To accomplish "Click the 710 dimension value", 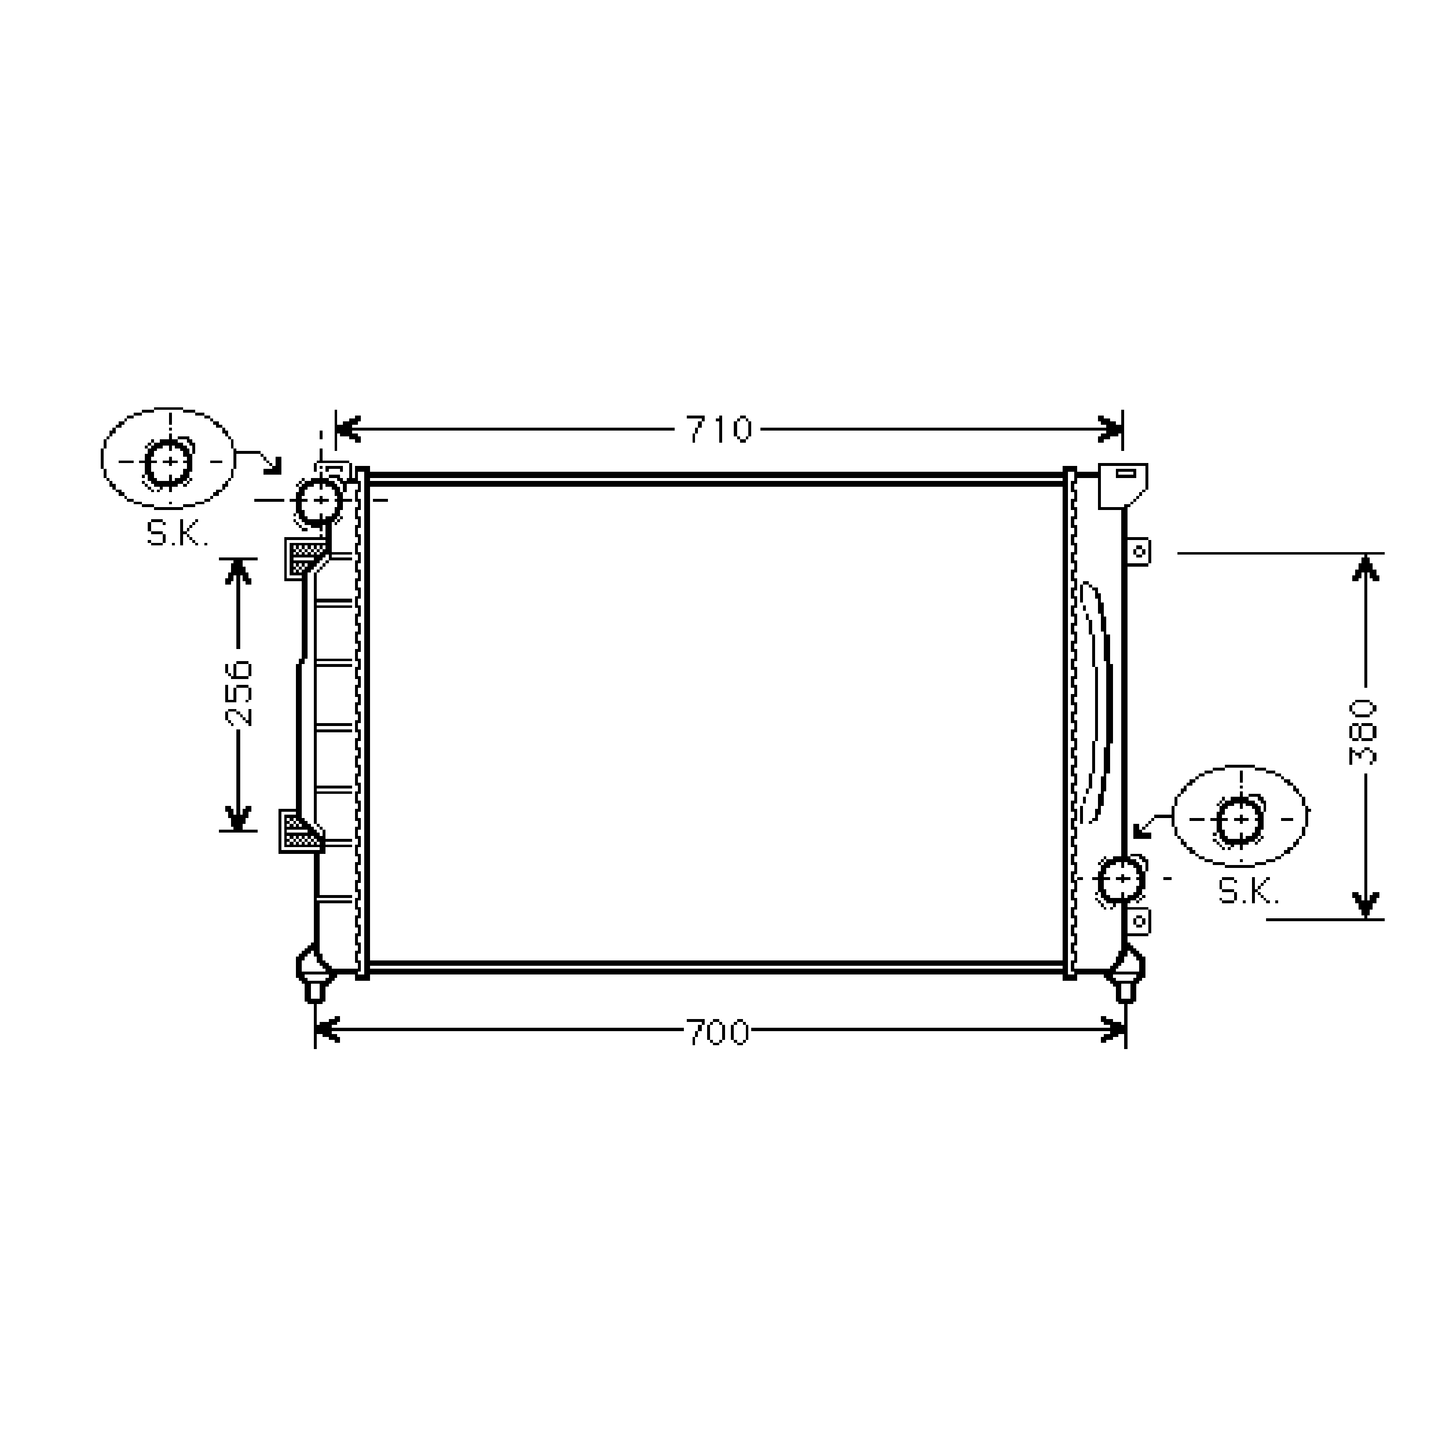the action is point(719,430).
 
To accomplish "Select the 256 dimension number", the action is point(240,694).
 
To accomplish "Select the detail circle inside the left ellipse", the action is point(169,461).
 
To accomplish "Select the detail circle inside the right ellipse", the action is point(1239,820).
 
